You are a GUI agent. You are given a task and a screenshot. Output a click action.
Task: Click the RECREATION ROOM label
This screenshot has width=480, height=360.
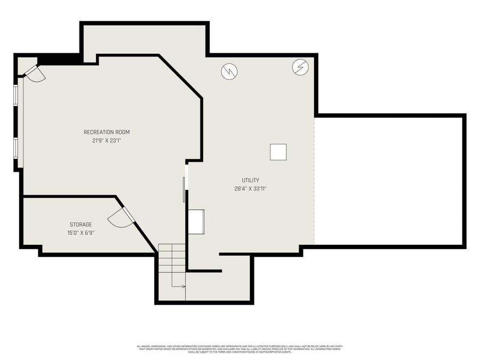(x=107, y=132)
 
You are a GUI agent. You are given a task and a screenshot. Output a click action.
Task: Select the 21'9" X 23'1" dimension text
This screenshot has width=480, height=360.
(x=107, y=141)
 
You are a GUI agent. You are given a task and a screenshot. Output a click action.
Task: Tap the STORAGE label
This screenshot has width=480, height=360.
(x=81, y=225)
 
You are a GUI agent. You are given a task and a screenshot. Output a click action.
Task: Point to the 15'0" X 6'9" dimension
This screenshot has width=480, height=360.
(x=81, y=233)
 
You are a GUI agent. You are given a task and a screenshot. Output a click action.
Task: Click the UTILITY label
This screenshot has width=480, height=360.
(x=250, y=180)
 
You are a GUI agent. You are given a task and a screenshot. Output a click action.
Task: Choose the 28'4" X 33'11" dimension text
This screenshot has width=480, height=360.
(x=250, y=188)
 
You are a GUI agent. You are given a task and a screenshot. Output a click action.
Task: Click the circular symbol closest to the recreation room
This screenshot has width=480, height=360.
(x=229, y=71)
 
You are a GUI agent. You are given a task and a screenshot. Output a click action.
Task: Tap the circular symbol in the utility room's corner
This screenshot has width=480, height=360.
(x=300, y=67)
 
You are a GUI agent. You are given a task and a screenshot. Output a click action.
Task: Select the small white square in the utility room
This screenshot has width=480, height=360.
(x=278, y=151)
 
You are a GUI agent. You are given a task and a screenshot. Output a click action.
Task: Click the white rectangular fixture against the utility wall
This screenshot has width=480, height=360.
(x=196, y=221)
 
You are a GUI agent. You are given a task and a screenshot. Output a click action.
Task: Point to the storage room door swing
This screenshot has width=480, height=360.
(x=119, y=218)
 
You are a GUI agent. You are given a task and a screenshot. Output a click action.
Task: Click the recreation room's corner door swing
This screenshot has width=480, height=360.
(x=35, y=74)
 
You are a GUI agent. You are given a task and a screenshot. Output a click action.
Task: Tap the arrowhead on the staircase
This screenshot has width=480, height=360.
(x=183, y=286)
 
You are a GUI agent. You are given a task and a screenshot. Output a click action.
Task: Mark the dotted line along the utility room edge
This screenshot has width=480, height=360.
(x=314, y=181)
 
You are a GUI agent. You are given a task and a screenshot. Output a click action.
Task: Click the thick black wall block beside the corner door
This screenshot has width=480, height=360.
(x=59, y=59)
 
